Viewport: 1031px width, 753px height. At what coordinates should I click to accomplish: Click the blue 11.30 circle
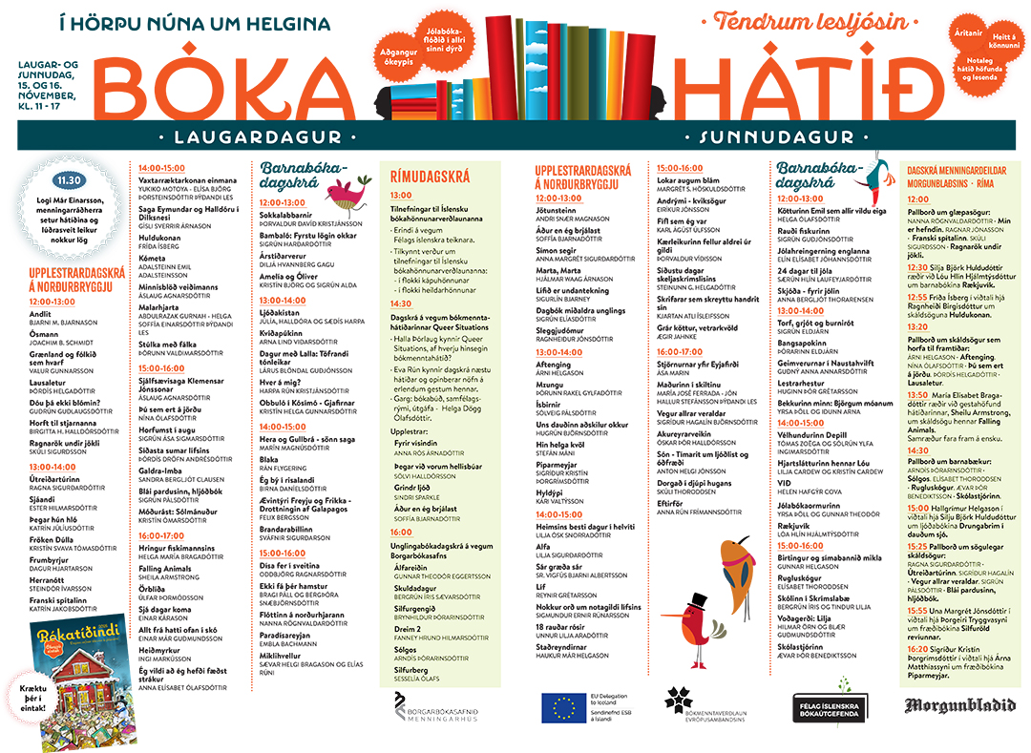69,179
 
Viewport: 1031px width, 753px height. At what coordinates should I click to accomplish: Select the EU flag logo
562,705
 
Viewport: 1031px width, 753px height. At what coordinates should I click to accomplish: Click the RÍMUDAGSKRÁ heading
431,177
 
